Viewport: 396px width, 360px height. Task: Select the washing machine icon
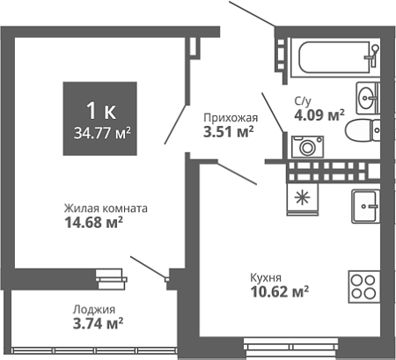tap(307, 147)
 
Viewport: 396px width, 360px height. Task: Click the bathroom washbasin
tap(368, 98)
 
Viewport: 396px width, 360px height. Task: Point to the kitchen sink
tap(366, 206)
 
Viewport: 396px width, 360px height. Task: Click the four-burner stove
tap(363, 287)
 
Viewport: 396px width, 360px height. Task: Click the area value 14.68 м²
tap(93, 223)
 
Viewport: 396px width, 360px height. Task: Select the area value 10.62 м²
tap(280, 291)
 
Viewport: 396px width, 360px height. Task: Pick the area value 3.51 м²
tap(228, 132)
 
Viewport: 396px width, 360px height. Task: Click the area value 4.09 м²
tap(319, 115)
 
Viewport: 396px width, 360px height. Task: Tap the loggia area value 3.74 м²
tap(98, 324)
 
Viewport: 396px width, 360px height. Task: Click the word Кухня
tap(266, 277)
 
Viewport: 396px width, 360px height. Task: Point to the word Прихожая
tap(231, 118)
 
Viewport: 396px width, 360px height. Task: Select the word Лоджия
tap(94, 310)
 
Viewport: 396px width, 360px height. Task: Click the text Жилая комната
tap(106, 209)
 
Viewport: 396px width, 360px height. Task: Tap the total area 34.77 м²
tap(102, 134)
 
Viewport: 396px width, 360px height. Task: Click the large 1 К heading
tap(101, 112)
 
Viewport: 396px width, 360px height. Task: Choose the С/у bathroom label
tap(303, 101)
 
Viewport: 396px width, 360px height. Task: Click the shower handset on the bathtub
tap(373, 55)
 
